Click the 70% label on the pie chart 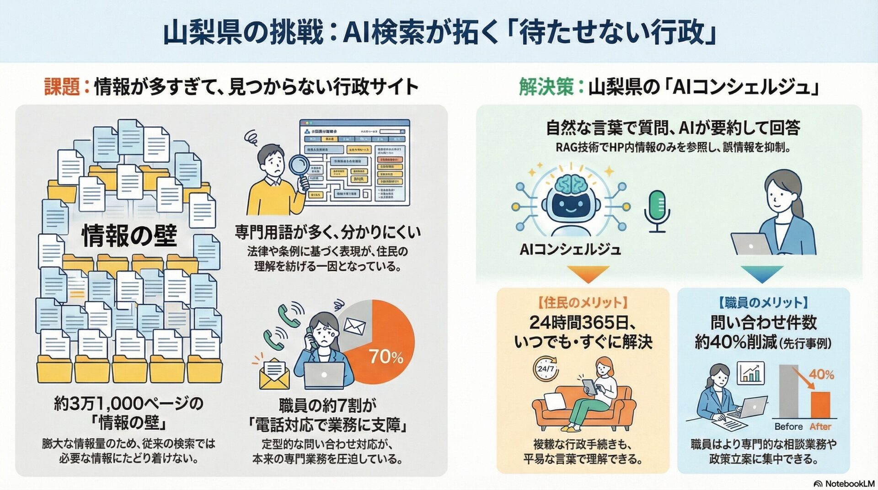coord(386,357)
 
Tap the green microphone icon coord(657,211)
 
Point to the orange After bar coord(820,404)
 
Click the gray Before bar coord(788,391)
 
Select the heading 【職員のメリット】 coord(763,303)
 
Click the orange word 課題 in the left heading coord(62,86)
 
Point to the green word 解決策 coord(546,86)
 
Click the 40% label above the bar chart coord(821,375)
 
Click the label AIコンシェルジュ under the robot coord(570,250)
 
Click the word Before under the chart coord(788,426)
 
